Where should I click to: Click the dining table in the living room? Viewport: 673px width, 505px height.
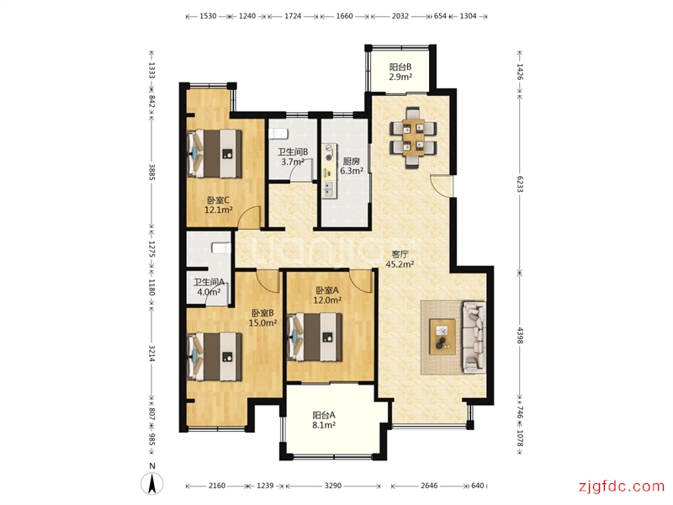(x=413, y=137)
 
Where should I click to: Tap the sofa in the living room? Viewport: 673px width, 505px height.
(x=474, y=338)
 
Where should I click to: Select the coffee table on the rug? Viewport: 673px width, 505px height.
(x=442, y=338)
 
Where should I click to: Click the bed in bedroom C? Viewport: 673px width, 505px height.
(x=215, y=153)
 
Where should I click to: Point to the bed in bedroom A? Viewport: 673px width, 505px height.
(x=315, y=337)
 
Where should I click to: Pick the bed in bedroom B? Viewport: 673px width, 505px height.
(x=215, y=356)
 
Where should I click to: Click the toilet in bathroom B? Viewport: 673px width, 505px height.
(x=278, y=134)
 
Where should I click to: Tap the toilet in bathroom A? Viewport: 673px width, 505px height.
(x=221, y=248)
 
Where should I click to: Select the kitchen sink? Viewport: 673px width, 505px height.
(x=329, y=189)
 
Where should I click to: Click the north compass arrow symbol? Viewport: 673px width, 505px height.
(x=152, y=483)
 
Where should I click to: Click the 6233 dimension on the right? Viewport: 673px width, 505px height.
(x=520, y=183)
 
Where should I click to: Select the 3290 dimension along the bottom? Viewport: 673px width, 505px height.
(x=332, y=486)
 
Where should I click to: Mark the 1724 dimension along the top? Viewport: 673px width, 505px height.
(x=293, y=16)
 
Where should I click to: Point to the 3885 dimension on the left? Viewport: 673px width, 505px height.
(x=151, y=172)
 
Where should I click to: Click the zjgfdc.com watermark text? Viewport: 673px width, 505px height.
(x=621, y=486)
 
